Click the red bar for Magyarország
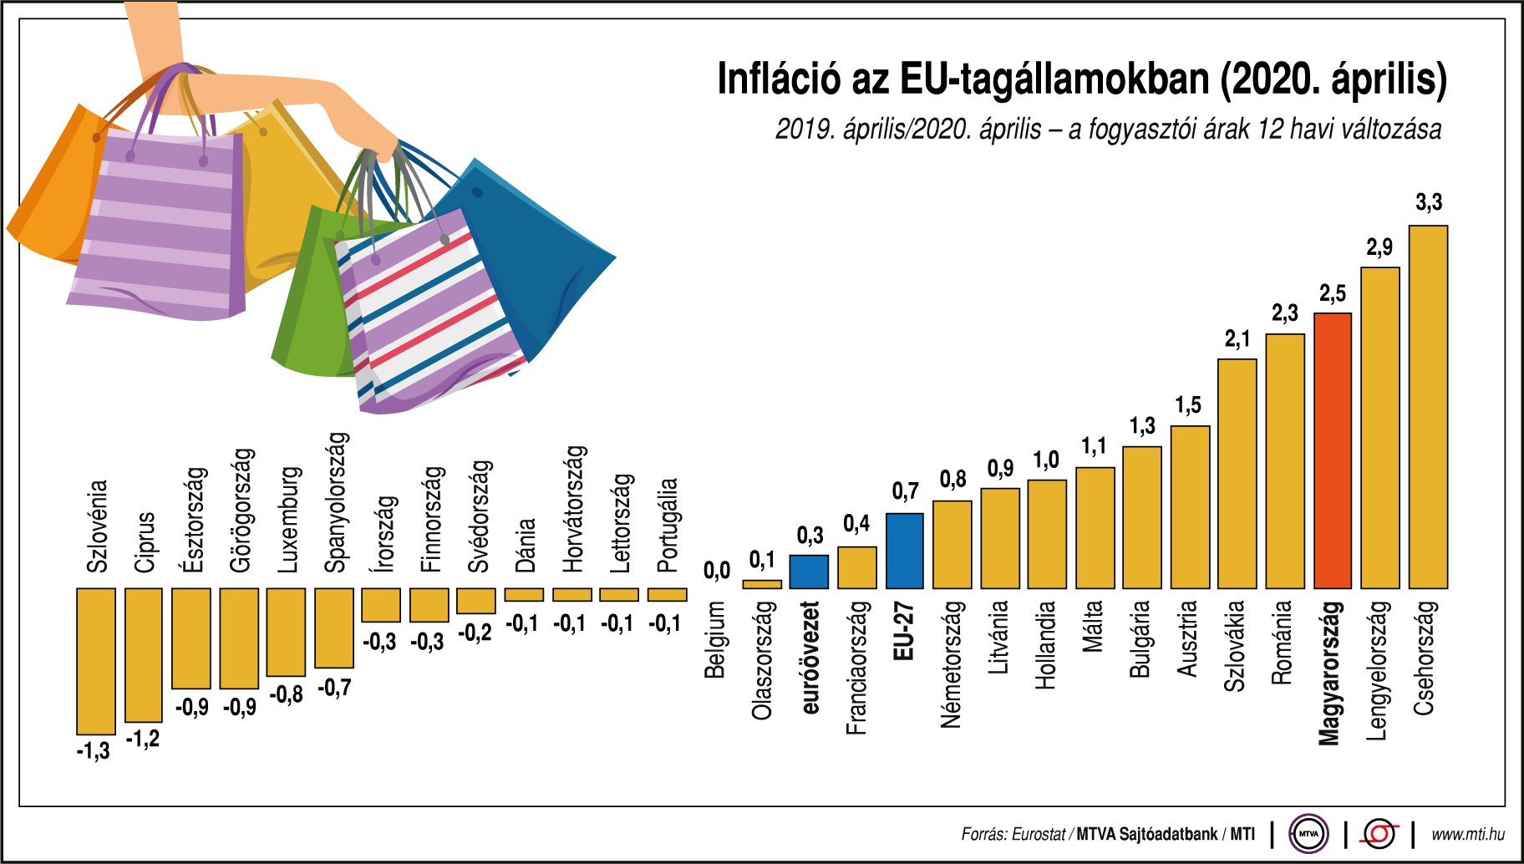point(1333,451)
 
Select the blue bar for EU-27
point(904,551)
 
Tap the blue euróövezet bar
point(809,572)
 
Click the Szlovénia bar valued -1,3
point(96,661)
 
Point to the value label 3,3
point(1429,202)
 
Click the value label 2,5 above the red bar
point(1333,294)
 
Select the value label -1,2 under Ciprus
point(143,739)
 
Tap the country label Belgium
point(714,639)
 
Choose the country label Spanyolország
point(334,502)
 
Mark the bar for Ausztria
point(1190,507)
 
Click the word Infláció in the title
point(779,79)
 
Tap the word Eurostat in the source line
point(1039,834)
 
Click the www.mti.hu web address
point(1468,834)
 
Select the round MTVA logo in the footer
point(1308,834)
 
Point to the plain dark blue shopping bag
point(535,251)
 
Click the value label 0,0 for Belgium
point(716,572)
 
